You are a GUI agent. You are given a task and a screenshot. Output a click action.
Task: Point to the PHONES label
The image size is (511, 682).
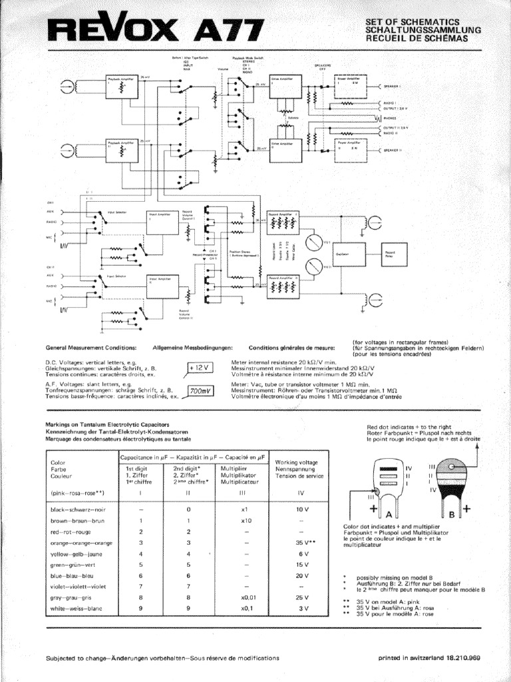point(391,118)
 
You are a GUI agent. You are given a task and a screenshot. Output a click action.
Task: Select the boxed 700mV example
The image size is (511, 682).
point(198,392)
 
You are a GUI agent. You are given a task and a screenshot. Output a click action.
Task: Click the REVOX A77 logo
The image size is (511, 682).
point(156,31)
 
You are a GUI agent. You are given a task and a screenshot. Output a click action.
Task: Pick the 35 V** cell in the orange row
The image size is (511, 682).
point(301,543)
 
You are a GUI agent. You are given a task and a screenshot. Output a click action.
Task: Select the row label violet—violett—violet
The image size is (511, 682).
point(79,587)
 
